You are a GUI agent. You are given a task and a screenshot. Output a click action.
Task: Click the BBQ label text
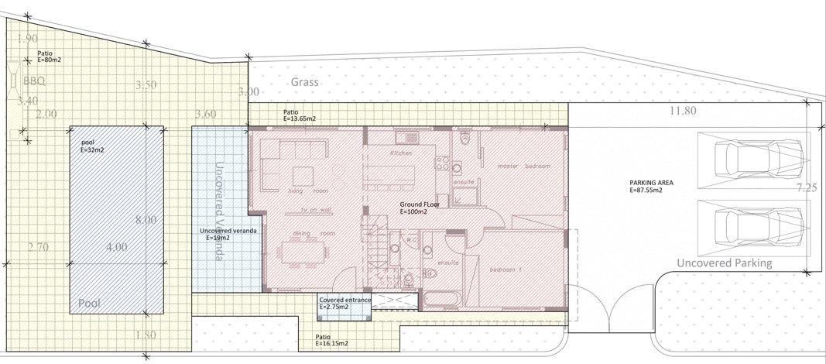[35, 81]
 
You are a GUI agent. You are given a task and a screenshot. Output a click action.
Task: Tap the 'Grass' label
[305, 82]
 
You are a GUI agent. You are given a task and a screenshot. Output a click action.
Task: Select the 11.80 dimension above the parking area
[684, 111]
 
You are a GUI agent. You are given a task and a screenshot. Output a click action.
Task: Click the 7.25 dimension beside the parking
[807, 187]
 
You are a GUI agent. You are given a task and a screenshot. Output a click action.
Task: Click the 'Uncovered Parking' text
[724, 263]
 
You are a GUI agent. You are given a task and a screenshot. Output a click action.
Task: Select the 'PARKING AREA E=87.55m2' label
[652, 186]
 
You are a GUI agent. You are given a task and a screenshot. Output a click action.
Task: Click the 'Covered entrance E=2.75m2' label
[344, 303]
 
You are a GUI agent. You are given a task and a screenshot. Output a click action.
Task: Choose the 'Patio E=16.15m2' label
[331, 340]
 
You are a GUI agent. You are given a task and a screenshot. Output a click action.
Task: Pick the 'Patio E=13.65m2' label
[300, 116]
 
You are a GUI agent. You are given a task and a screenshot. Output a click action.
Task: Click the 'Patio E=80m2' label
[50, 57]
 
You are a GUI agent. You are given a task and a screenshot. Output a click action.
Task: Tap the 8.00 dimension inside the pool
[146, 220]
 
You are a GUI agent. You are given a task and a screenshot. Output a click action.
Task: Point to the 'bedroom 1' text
[508, 270]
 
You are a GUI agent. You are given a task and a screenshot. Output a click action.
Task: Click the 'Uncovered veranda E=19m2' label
[228, 234]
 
